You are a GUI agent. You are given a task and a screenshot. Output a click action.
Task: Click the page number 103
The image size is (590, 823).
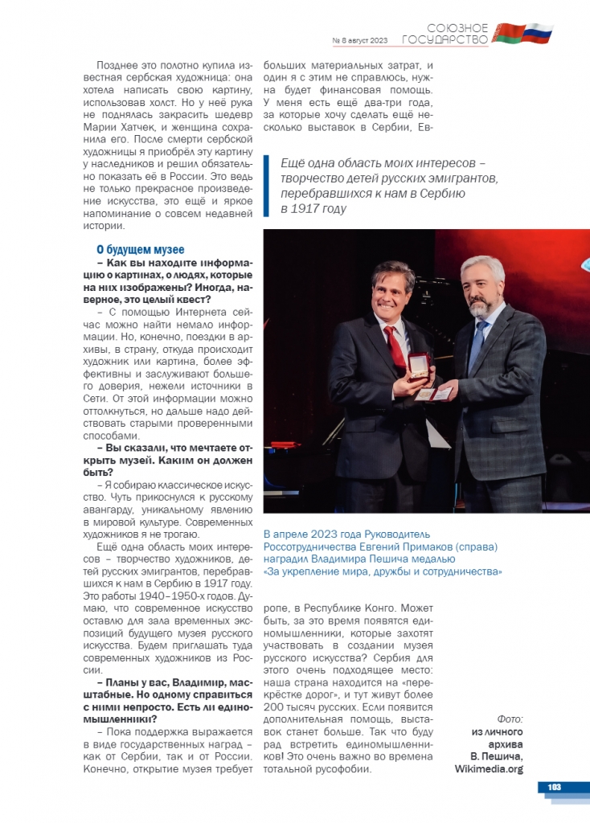point(554,787)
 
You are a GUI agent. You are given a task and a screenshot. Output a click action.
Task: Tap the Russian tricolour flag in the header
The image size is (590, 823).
point(536,33)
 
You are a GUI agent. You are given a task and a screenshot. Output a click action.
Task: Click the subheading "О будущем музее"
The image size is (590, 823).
point(140,250)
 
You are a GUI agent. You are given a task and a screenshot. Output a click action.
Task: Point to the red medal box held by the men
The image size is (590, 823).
point(419,365)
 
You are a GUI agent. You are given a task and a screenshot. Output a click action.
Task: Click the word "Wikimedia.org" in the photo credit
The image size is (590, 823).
point(489,769)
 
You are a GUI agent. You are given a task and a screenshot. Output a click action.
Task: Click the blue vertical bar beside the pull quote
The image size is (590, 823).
point(266,186)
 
